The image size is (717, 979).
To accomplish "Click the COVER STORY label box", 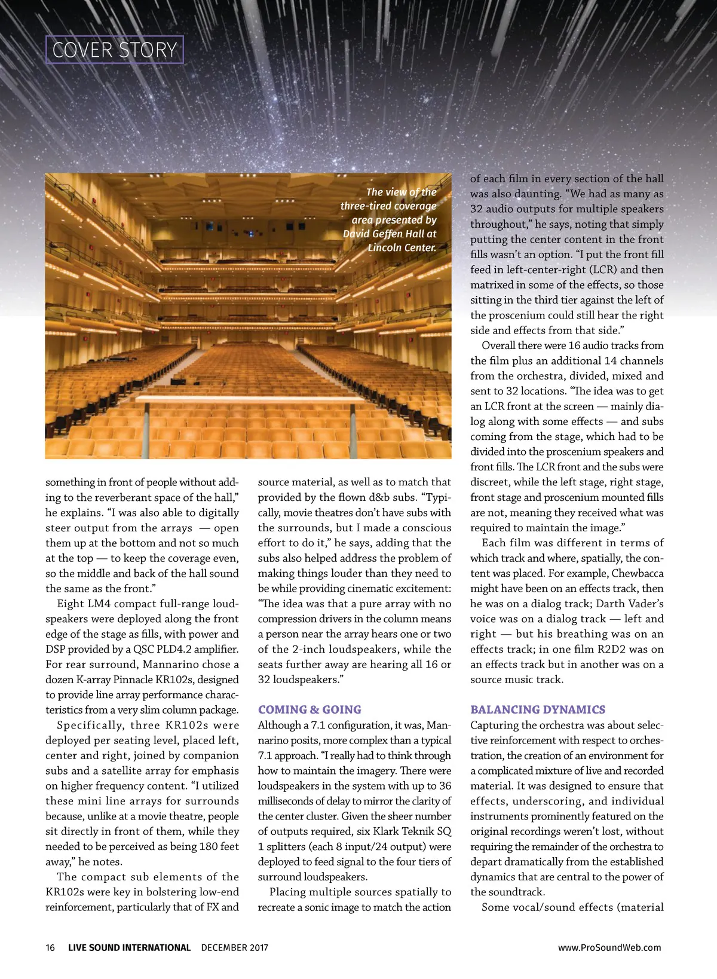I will pyautogui.click(x=115, y=50).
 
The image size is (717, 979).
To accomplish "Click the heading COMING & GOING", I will pyautogui.click(x=310, y=709).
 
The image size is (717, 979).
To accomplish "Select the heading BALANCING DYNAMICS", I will pyautogui.click(x=538, y=709).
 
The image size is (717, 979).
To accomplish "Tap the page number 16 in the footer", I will pyautogui.click(x=50, y=947).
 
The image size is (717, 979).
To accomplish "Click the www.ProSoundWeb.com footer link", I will pyautogui.click(x=609, y=947).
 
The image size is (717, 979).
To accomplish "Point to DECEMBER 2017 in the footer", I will pyautogui.click(x=235, y=947).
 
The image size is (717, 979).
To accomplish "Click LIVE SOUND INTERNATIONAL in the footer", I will pyautogui.click(x=129, y=947).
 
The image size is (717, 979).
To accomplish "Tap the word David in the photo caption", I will pyautogui.click(x=357, y=234).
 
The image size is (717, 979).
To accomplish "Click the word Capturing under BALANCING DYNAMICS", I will pyautogui.click(x=495, y=725).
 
